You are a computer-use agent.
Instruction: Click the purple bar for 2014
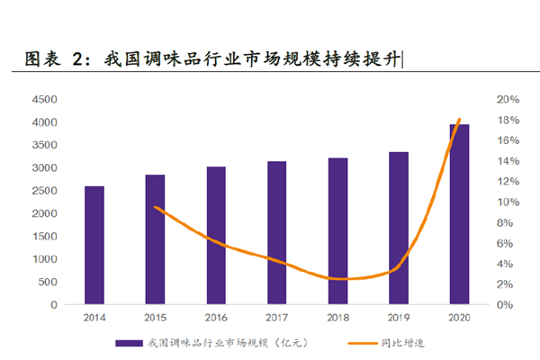point(94,245)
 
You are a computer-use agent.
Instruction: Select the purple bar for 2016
point(216,235)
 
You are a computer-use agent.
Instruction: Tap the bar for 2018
point(337,231)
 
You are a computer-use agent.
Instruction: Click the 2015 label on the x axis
point(155,318)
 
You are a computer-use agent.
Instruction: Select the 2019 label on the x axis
point(399,318)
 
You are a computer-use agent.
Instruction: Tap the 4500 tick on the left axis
point(45,99)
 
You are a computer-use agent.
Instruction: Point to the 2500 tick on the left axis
point(45,191)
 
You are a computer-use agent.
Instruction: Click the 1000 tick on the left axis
point(45,259)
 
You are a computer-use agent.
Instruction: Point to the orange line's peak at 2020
point(459,120)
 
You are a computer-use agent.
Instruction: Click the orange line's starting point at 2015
point(156,208)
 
